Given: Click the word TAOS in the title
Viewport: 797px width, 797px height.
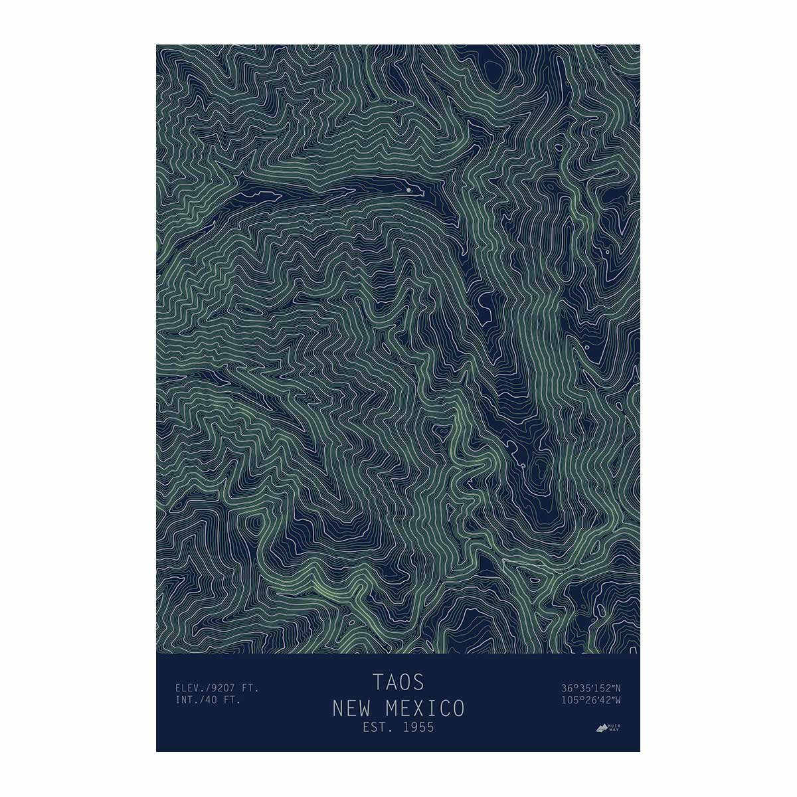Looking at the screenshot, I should click(398, 682).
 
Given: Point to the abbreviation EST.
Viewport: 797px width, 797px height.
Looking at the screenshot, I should click(377, 727).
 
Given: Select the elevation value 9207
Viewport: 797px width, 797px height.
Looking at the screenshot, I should click(224, 688).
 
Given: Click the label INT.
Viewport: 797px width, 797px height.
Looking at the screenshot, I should click(187, 699).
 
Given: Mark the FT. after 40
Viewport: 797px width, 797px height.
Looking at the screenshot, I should click(232, 699).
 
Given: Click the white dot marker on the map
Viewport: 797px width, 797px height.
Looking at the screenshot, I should click(408, 190).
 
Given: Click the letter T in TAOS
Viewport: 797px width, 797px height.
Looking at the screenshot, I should click(378, 682).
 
